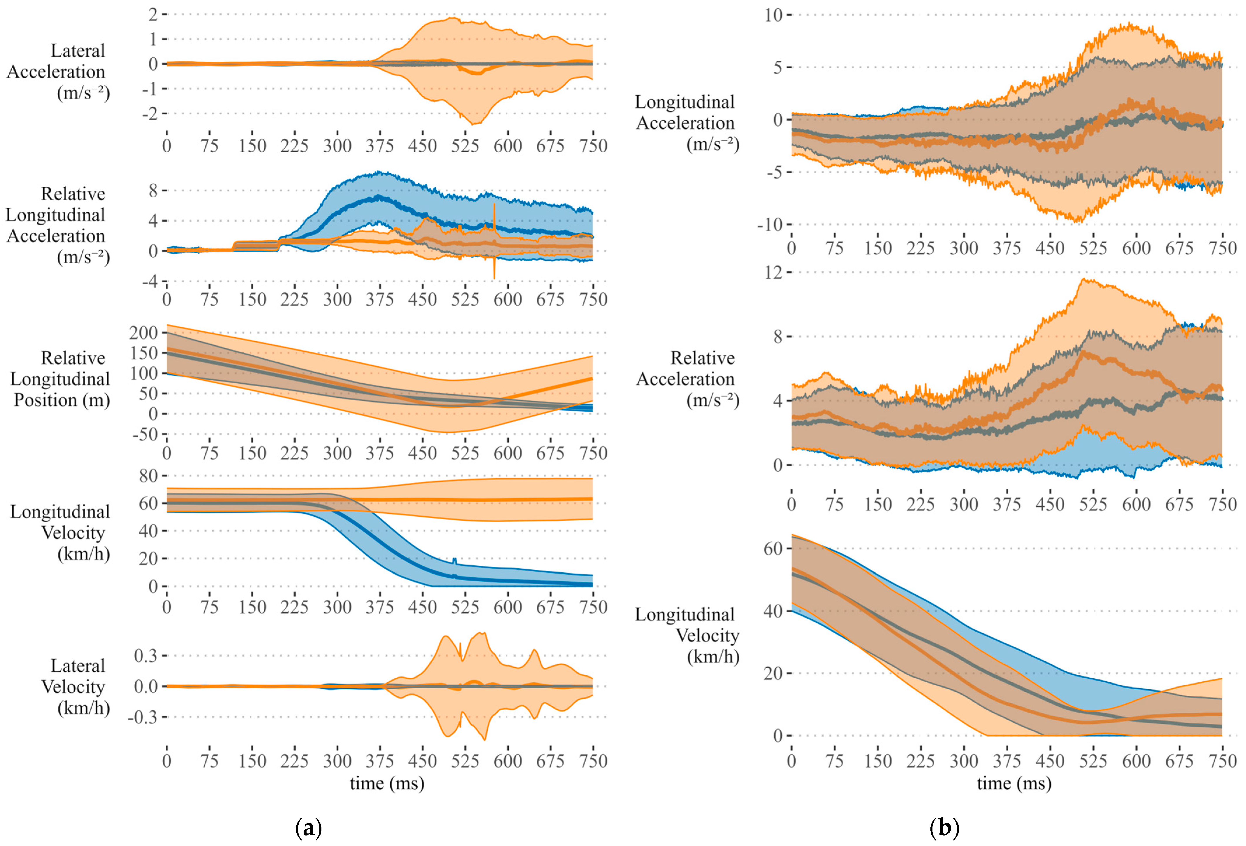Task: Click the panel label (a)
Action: pos(309,828)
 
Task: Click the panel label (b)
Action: pos(944,828)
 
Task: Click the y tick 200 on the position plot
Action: pos(144,333)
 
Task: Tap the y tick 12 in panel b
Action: pos(774,272)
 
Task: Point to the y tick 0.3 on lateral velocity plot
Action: pos(146,656)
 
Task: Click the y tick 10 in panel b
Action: pos(774,15)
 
